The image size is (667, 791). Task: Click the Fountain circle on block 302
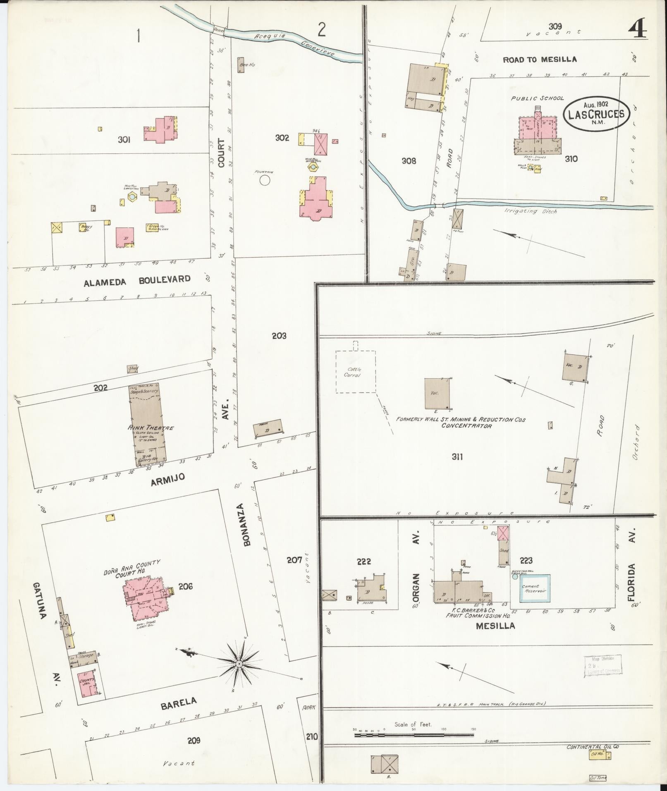pos(265,180)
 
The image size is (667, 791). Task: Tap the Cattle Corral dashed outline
pos(355,371)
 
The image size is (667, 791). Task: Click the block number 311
pos(457,457)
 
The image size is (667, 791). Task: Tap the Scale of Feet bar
pos(414,735)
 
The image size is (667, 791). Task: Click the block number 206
pos(185,586)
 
